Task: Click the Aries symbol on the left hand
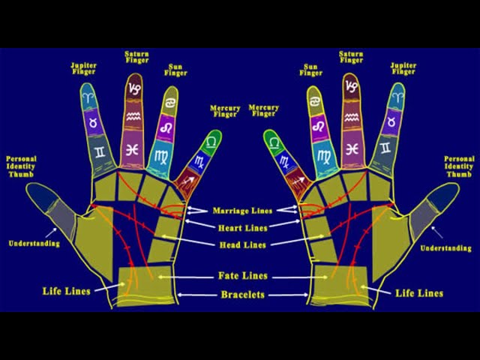90,98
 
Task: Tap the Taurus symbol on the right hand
391,122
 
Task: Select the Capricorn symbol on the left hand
134,88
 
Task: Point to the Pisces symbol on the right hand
352,149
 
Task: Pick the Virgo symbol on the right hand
324,157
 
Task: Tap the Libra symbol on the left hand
211,141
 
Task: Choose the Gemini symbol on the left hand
100,151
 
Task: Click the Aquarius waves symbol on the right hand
352,117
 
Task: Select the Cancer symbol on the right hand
313,101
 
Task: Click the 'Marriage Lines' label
242,211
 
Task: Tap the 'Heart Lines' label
243,228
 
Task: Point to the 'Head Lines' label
243,245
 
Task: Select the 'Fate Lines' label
243,276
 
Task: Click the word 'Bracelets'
243,295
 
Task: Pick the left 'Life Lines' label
67,291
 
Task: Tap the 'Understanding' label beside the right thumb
445,248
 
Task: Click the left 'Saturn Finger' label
136,57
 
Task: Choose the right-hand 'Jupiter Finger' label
403,68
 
